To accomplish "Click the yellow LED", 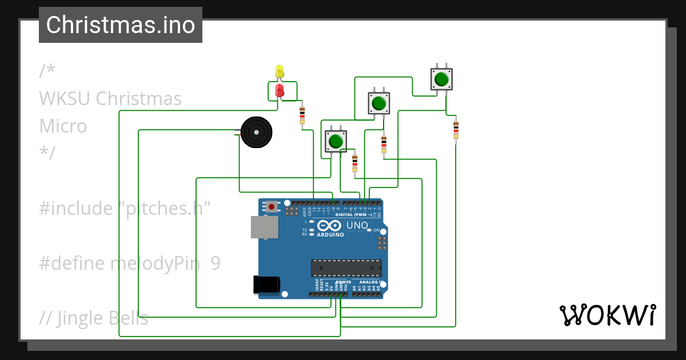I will pyautogui.click(x=280, y=71).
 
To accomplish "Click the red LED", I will pyautogui.click(x=280, y=90).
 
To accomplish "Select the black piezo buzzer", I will pyautogui.click(x=256, y=133).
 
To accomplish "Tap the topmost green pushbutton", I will pyautogui.click(x=441, y=79).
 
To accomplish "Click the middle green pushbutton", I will pyautogui.click(x=378, y=103).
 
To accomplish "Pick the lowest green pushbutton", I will pyautogui.click(x=336, y=141).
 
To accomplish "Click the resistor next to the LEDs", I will pyautogui.click(x=302, y=115).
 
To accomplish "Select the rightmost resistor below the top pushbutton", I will pyautogui.click(x=456, y=130).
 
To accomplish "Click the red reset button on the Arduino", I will pyautogui.click(x=272, y=205).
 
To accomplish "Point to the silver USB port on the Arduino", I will pyautogui.click(x=264, y=227).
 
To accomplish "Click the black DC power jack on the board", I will pyautogui.click(x=266, y=284).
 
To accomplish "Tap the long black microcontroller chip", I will pyautogui.click(x=346, y=268).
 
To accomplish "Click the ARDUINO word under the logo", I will pyautogui.click(x=330, y=235).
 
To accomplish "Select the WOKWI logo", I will pyautogui.click(x=607, y=315).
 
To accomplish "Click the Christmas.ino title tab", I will pyautogui.click(x=121, y=25).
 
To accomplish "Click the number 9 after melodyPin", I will pyautogui.click(x=215, y=263).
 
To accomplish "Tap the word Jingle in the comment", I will pyautogui.click(x=81, y=318).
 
